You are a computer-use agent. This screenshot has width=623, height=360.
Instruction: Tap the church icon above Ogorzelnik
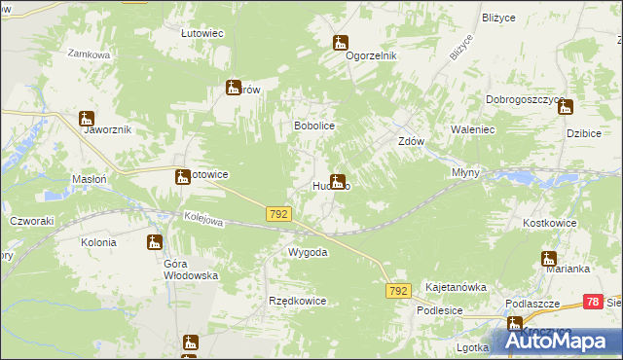pyautogui.click(x=340, y=42)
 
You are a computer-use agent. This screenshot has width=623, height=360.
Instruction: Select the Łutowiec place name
pyautogui.click(x=202, y=32)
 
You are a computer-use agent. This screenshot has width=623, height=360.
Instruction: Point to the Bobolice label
pyautogui.click(x=314, y=126)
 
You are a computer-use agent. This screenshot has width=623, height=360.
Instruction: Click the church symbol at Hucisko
pyautogui.click(x=337, y=180)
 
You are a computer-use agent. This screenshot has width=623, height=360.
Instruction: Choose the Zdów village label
pyautogui.click(x=412, y=140)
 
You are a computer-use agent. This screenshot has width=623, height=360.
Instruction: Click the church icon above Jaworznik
pyautogui.click(x=85, y=118)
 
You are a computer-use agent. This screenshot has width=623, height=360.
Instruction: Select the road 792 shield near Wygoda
pyautogui.click(x=278, y=211)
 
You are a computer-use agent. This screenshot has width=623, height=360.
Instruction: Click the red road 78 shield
pyautogui.click(x=593, y=303)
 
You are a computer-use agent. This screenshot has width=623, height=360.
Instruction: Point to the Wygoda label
pyautogui.click(x=307, y=252)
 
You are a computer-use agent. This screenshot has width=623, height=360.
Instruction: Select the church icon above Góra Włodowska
pyautogui.click(x=154, y=242)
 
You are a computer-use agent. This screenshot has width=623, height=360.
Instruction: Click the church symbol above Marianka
pyautogui.click(x=548, y=258)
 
